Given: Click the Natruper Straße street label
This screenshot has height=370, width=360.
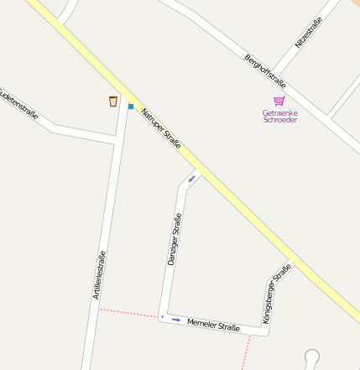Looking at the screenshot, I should [x=161, y=129].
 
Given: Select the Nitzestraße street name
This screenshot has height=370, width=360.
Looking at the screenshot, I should [x=308, y=31].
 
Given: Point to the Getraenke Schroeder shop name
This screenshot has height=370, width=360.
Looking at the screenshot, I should [x=280, y=116].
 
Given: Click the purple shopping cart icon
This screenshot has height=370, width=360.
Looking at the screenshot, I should [x=279, y=101].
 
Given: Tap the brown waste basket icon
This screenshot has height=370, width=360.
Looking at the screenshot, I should [x=113, y=102].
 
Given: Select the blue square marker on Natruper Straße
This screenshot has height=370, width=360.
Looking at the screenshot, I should [x=131, y=107].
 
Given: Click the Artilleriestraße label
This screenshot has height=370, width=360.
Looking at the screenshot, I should [x=99, y=275].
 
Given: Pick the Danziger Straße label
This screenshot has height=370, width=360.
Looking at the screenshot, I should [x=175, y=240].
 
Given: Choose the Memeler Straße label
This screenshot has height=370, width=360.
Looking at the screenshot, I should [x=213, y=324].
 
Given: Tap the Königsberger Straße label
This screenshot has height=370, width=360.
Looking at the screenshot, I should [x=277, y=294].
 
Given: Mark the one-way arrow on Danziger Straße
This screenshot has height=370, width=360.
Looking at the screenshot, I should [x=192, y=178].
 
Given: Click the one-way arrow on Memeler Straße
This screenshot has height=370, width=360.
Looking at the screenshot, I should [x=176, y=320].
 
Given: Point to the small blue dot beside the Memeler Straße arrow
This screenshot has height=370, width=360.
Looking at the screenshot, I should [x=163, y=317].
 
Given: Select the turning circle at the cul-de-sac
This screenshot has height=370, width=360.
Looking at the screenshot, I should [x=312, y=356].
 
